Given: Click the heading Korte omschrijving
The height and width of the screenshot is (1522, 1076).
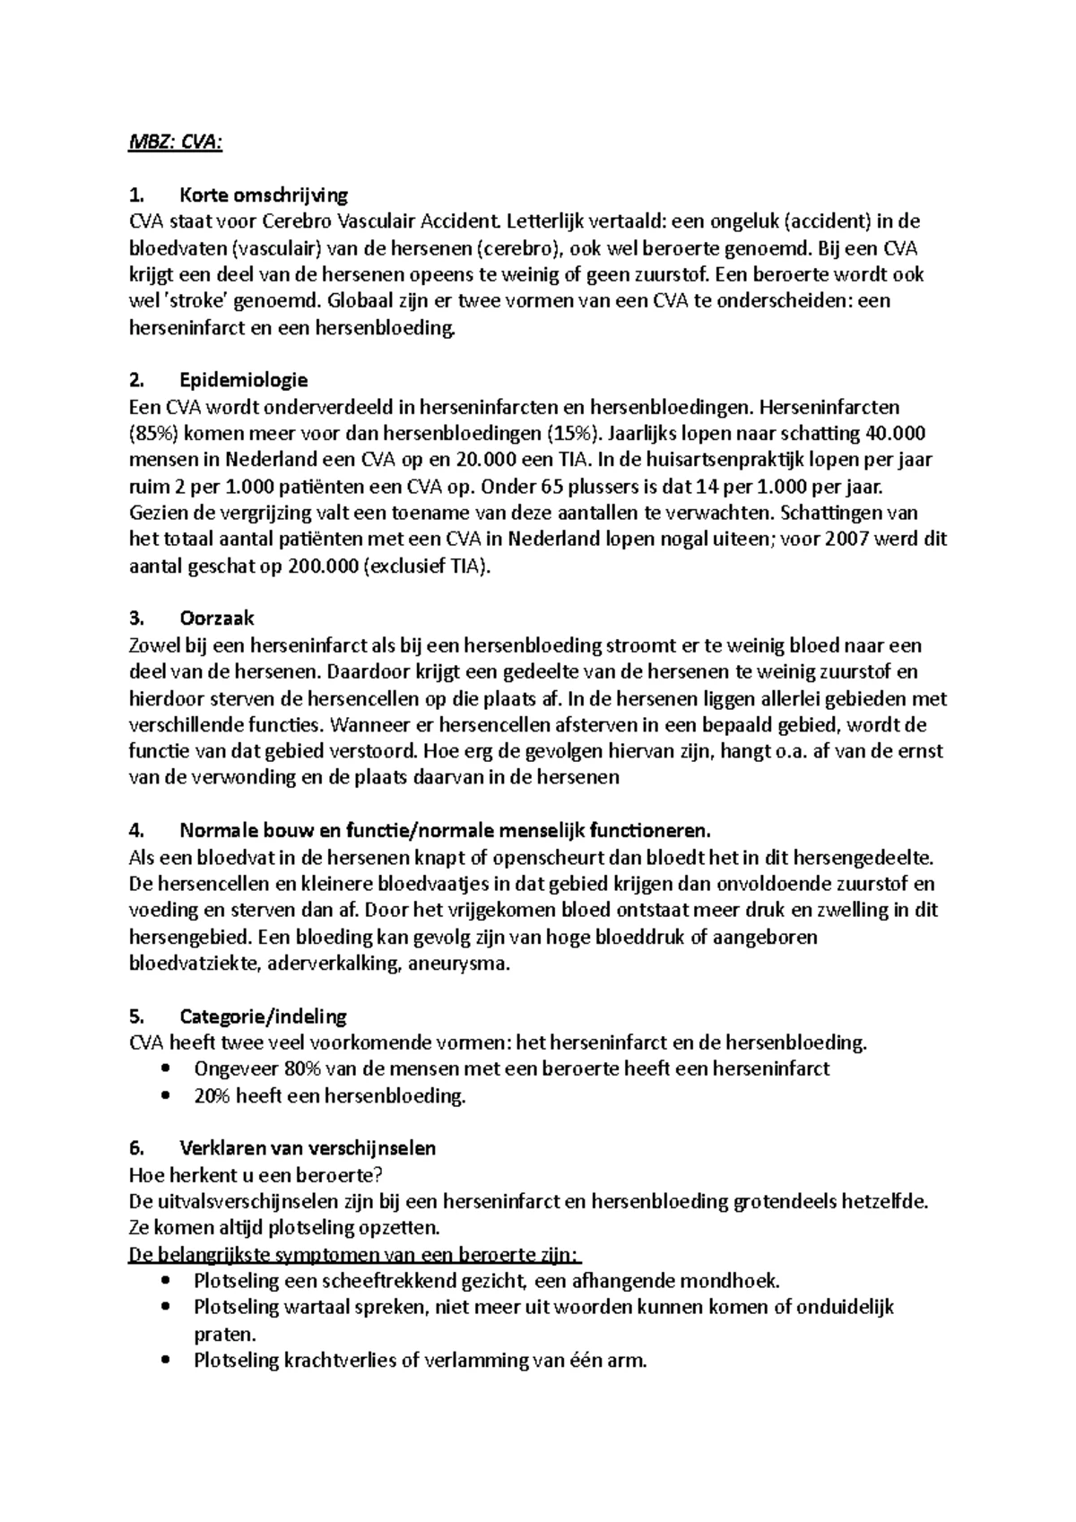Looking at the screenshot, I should (x=264, y=195).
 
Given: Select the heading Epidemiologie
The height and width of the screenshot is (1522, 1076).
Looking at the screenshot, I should (x=243, y=381).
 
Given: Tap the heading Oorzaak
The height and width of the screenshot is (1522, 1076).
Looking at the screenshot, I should (x=217, y=618).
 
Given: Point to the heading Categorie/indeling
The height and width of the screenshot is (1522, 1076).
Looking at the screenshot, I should (x=263, y=1016).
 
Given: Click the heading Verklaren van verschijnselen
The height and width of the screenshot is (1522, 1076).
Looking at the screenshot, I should (x=308, y=1148).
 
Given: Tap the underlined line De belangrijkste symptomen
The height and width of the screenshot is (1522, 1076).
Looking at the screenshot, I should (x=355, y=1255).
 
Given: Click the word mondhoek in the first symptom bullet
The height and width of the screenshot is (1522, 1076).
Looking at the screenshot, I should (x=728, y=1281).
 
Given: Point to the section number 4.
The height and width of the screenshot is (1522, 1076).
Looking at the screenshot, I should (x=136, y=830).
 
